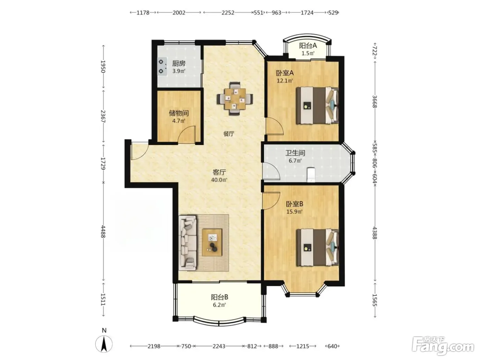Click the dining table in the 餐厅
[x=235, y=99]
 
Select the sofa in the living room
[x=188, y=243]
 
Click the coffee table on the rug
[x=212, y=242]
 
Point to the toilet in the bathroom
[x=311, y=175]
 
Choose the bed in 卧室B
[x=317, y=247]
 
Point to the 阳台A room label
[x=308, y=46]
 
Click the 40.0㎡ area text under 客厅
[x=219, y=180]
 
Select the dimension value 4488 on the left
[x=103, y=232]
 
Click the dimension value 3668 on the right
[x=374, y=101]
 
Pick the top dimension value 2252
[x=228, y=13]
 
